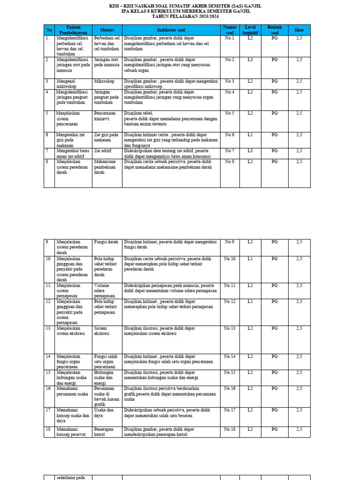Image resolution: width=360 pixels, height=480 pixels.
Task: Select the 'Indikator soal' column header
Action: click(171, 30)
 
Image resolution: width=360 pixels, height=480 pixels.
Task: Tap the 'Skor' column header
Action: click(299, 30)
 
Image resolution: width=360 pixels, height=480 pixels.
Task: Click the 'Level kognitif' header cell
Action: click(250, 30)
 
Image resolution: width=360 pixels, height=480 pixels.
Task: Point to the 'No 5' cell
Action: click(229, 113)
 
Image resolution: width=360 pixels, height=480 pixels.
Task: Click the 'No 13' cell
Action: click(229, 328)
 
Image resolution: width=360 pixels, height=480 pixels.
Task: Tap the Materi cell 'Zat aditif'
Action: click(104, 151)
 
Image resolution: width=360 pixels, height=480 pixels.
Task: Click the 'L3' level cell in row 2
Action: click(250, 60)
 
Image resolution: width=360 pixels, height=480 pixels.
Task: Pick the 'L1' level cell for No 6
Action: click(250, 135)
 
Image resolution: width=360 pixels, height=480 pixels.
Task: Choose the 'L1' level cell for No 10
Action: click(250, 259)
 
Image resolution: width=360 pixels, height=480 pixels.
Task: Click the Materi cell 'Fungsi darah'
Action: click(106, 242)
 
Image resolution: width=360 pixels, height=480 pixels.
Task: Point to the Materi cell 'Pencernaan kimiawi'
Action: click(105, 116)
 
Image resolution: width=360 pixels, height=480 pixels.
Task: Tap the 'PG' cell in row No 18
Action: click(275, 429)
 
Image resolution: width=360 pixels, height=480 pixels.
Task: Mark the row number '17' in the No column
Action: click(47, 410)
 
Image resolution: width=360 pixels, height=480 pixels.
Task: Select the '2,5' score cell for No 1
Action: click(299, 38)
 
